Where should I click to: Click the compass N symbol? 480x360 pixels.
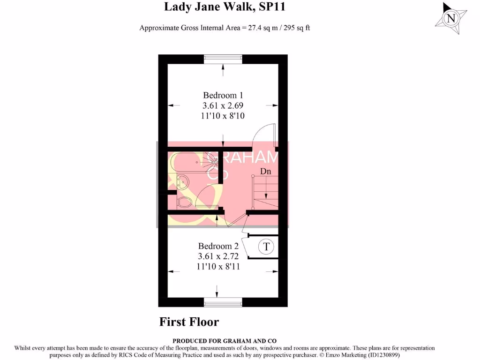451,19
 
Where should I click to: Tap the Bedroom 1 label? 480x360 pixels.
223,95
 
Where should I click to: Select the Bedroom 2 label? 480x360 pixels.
218,246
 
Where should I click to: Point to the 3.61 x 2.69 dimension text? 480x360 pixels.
223,105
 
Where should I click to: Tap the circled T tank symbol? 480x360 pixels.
266,247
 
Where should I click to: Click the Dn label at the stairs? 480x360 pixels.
266,172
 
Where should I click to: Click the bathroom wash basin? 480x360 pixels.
182,180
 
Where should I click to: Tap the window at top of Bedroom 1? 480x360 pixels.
223,59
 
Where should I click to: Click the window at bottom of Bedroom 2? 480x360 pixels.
223,302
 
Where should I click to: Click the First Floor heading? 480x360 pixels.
189,322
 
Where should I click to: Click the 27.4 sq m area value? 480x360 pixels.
253,28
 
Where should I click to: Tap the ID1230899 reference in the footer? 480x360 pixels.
378,355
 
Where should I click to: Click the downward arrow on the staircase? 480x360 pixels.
266,187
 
